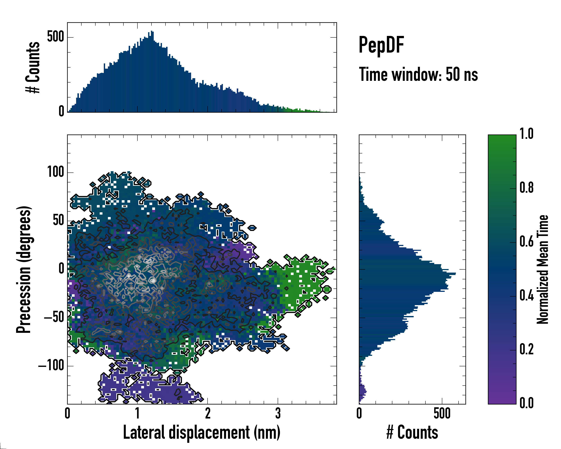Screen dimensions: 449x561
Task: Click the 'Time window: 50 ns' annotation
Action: click(418, 74)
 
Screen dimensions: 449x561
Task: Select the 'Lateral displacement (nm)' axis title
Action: click(202, 432)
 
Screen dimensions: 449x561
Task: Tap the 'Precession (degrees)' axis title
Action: click(24, 269)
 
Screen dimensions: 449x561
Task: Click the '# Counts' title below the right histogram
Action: click(412, 432)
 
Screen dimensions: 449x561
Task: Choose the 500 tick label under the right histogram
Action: click(442, 414)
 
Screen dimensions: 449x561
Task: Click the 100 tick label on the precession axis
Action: click(55, 172)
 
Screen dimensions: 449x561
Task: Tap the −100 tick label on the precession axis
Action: click(51, 366)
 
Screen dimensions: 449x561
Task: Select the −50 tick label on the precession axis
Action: click(54, 317)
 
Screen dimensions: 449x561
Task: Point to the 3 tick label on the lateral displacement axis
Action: click(278, 414)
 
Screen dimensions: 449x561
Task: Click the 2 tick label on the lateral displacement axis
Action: click(208, 414)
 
